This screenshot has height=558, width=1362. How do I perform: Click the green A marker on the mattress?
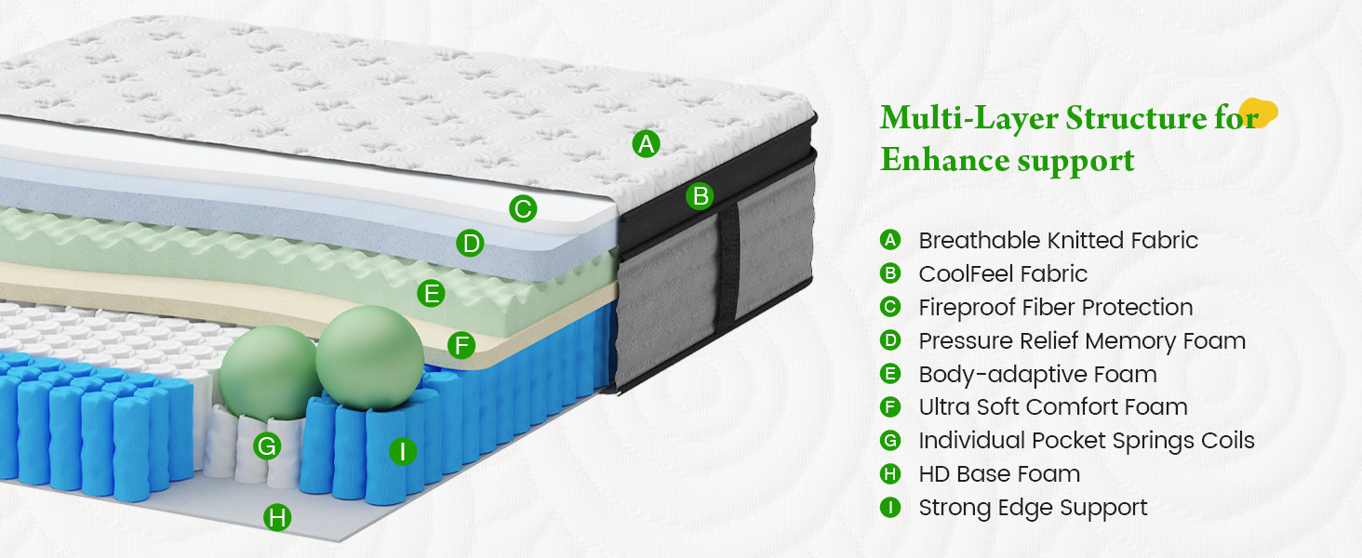click(x=646, y=144)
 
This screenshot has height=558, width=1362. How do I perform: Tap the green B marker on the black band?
click(x=700, y=196)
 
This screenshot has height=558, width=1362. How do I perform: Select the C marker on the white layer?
click(x=523, y=208)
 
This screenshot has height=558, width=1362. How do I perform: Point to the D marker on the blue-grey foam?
click(x=470, y=243)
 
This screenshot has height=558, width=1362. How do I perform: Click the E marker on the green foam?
click(x=431, y=293)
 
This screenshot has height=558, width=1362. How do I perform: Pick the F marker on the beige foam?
click(x=461, y=345)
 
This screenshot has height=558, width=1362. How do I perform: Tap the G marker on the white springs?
click(x=267, y=446)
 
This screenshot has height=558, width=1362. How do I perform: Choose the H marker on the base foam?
click(x=277, y=517)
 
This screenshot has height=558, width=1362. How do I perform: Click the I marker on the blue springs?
click(x=403, y=451)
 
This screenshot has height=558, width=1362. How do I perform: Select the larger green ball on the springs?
click(x=369, y=357)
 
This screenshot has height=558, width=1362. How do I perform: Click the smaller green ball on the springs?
click(x=269, y=372)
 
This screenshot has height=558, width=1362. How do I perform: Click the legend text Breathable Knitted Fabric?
click(x=1058, y=240)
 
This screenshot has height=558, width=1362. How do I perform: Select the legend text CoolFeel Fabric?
click(x=1003, y=273)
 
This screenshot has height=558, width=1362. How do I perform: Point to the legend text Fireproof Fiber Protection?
click(x=1056, y=307)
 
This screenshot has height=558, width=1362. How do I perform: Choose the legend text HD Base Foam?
click(x=999, y=473)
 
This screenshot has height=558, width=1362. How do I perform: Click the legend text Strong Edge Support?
click(x=1033, y=508)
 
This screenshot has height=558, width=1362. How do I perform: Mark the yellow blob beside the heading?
click(x=1259, y=113)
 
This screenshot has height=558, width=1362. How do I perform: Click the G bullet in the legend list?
click(x=890, y=440)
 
